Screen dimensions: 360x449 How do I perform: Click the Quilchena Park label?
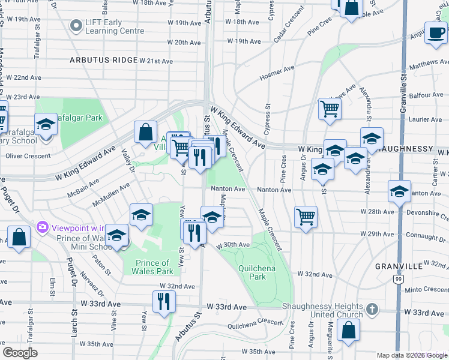[x=257, y=272]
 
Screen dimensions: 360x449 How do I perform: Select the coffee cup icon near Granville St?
[x=435, y=32]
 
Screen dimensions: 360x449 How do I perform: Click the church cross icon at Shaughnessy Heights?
[x=372, y=310]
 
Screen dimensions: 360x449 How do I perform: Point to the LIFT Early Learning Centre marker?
[x=76, y=26]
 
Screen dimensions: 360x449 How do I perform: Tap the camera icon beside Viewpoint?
[x=42, y=227]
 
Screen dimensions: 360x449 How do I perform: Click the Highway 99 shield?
[x=398, y=279]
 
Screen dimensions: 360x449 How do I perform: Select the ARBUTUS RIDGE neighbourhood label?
[x=103, y=61]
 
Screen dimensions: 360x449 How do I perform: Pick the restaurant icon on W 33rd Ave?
[x=164, y=302]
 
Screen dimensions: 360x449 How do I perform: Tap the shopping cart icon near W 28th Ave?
[x=306, y=217]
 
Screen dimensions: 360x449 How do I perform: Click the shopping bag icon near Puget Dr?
[x=19, y=236]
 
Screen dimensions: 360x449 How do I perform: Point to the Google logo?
[x=20, y=353]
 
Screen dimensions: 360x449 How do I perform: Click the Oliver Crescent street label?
[x=28, y=156]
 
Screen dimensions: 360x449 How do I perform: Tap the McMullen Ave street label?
[x=111, y=194]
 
